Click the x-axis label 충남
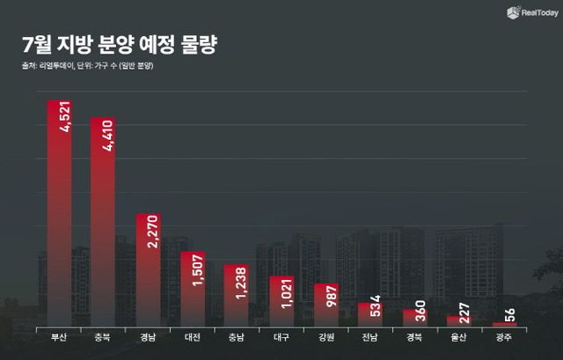tap(237, 337)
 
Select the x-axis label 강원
tap(325, 337)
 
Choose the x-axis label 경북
tap(414, 337)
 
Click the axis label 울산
tap(459, 337)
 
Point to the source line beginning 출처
tap(97, 68)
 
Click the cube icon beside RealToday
tap(511, 12)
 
